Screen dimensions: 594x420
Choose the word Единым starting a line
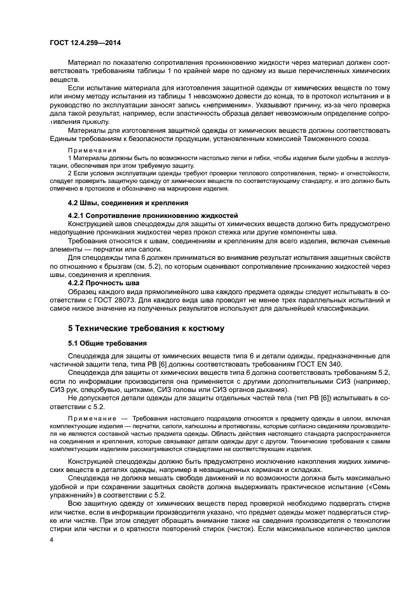67,139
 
